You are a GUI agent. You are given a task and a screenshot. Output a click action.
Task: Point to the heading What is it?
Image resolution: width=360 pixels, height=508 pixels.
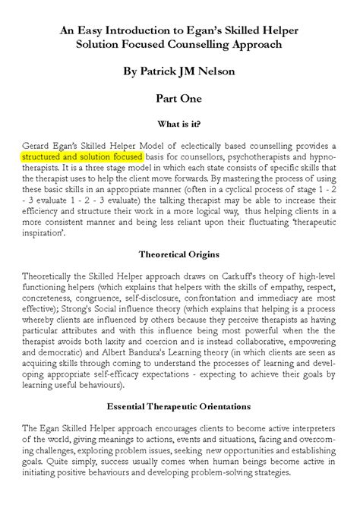pos(180,123)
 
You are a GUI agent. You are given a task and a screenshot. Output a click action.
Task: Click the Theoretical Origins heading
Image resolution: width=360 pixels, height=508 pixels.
pos(180,250)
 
